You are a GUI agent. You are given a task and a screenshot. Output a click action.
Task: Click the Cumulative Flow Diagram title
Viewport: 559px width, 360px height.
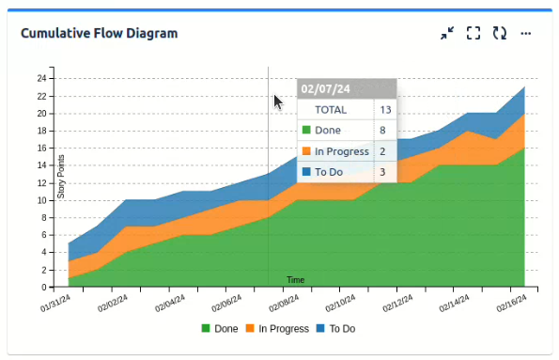click(x=100, y=34)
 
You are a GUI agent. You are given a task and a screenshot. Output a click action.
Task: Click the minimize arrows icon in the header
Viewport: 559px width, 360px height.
click(x=447, y=34)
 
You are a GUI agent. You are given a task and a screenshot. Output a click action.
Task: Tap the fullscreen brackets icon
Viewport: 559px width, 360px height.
click(x=474, y=34)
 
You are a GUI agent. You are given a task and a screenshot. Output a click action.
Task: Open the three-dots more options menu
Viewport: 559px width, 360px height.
click(x=526, y=34)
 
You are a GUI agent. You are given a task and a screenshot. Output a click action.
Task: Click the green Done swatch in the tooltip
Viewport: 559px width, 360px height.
click(x=305, y=131)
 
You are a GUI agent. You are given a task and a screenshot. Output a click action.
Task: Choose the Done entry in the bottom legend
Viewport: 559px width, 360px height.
click(x=219, y=329)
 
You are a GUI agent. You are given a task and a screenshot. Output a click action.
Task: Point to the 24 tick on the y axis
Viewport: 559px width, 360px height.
click(x=42, y=78)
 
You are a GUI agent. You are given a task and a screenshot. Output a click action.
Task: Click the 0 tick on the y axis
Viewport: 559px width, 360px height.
click(x=44, y=287)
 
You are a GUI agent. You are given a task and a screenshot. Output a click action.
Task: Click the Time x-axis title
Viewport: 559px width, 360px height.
click(x=295, y=280)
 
